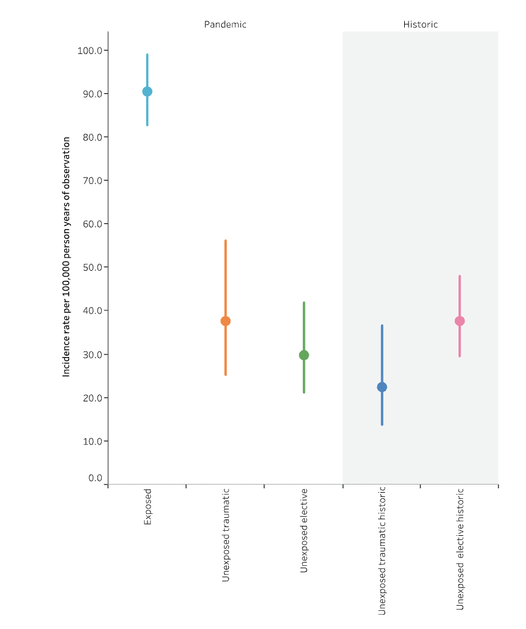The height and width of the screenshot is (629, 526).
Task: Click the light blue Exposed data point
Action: pyautogui.click(x=147, y=91)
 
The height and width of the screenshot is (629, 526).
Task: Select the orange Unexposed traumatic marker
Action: pyautogui.click(x=226, y=321)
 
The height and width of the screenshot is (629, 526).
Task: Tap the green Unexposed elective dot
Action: pyautogui.click(x=304, y=355)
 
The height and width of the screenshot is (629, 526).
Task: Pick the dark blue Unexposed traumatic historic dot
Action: pyautogui.click(x=382, y=387)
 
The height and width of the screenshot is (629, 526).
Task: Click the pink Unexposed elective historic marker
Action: pyautogui.click(x=460, y=321)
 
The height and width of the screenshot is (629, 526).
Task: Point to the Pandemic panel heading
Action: pyautogui.click(x=225, y=24)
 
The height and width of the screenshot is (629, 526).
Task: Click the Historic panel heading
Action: pyautogui.click(x=420, y=24)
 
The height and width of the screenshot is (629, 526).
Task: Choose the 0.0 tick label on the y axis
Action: pyautogui.click(x=95, y=478)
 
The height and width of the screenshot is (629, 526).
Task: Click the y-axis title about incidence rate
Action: pyautogui.click(x=66, y=256)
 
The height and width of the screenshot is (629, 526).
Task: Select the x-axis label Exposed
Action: pyautogui.click(x=147, y=506)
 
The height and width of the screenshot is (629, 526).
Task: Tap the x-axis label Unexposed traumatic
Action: pyautogui.click(x=226, y=535)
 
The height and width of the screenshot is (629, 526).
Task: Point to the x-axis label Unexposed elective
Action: pyautogui.click(x=304, y=531)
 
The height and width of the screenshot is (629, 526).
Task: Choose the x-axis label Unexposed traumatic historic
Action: pyautogui.click(x=382, y=551)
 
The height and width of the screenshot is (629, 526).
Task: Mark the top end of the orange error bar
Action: pyautogui.click(x=226, y=241)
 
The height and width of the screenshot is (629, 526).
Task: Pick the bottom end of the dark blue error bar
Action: pyautogui.click(x=382, y=425)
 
